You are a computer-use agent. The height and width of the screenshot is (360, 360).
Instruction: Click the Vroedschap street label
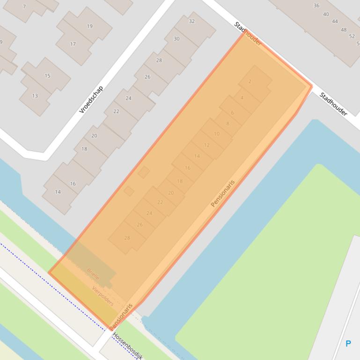pos(91,99)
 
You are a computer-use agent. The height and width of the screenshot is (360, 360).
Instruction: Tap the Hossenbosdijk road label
pos(127,346)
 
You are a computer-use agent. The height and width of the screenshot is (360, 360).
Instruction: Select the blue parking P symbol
pos(348,344)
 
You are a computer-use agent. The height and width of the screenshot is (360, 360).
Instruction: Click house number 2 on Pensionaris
pos(250,81)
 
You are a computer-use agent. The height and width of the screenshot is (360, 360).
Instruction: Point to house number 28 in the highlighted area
pos(127,238)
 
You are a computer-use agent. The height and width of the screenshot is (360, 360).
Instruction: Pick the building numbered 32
pos(191,22)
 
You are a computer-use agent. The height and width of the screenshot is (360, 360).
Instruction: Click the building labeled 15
pos(47,76)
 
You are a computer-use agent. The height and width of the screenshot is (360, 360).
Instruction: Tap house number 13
pos(35,96)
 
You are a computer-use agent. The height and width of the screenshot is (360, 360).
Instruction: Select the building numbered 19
pos(89,26)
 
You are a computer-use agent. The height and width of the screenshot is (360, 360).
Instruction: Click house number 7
pos(24,7)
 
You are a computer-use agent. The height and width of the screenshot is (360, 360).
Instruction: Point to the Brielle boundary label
pos(93,274)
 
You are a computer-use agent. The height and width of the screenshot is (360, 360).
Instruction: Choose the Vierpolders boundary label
pos(103,295)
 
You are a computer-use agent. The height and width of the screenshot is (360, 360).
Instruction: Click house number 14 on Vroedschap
pos(58,192)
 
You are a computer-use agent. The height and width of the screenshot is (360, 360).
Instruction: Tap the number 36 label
pos(316,6)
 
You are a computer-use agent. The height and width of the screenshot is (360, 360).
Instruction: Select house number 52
pos(352,36)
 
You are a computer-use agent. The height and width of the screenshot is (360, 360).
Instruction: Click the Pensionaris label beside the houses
pos(222,193)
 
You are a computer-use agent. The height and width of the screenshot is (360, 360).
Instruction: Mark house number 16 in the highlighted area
pos(187,168)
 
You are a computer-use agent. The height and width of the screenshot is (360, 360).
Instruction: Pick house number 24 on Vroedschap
pos(128,98)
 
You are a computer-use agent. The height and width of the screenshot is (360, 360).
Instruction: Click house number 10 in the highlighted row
pos(216,134)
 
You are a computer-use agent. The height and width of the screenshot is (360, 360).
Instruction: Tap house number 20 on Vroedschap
pos(94,136)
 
